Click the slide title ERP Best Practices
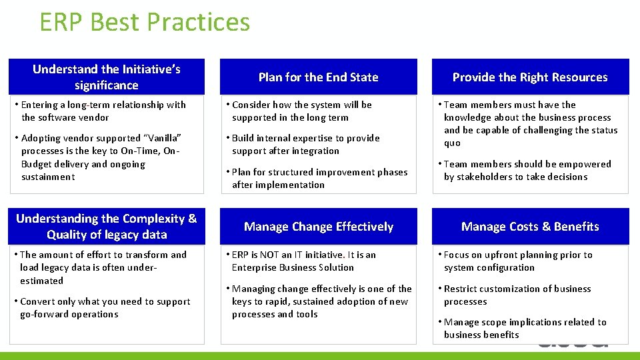(x=145, y=22)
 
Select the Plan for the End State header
(x=318, y=77)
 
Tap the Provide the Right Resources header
(x=530, y=77)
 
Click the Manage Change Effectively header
(x=318, y=227)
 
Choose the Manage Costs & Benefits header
(x=530, y=227)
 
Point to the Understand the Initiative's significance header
(x=107, y=77)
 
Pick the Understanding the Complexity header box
(x=107, y=227)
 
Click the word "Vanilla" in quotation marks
(x=162, y=138)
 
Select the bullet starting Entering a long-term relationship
(x=103, y=111)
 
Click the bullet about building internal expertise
(x=305, y=145)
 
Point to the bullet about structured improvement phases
(x=319, y=179)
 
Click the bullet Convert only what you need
(x=105, y=307)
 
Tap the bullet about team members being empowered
(x=527, y=170)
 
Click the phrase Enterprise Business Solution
(x=293, y=267)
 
